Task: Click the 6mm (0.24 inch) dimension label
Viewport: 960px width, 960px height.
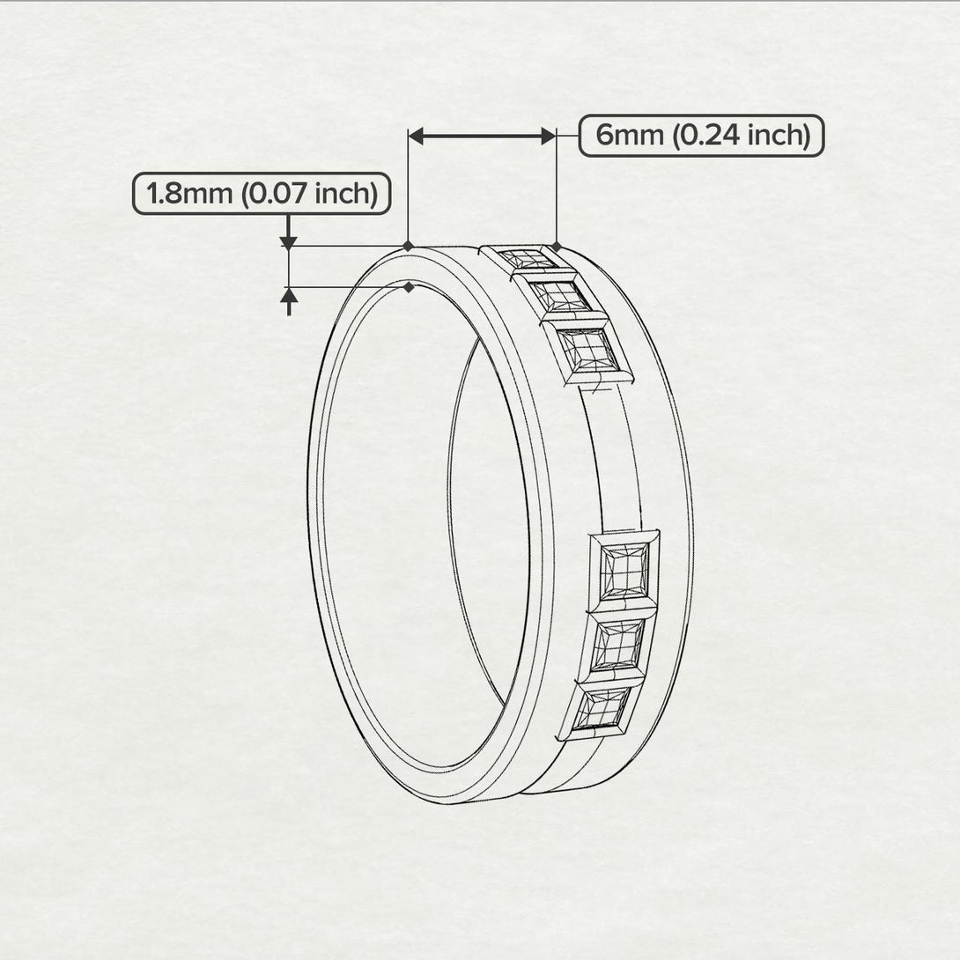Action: tap(701, 136)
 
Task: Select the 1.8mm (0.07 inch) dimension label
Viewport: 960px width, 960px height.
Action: tap(261, 193)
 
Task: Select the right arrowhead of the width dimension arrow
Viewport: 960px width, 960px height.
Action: tap(548, 136)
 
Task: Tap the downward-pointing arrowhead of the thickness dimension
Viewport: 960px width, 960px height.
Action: tap(287, 241)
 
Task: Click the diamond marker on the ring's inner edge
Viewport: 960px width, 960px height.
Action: tap(409, 287)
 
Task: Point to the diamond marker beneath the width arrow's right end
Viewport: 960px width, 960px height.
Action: tap(557, 246)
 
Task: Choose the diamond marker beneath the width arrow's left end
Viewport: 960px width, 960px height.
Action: tap(408, 246)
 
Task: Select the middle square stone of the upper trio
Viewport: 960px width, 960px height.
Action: tap(560, 296)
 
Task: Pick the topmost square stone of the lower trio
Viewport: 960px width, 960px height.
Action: tap(624, 569)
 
